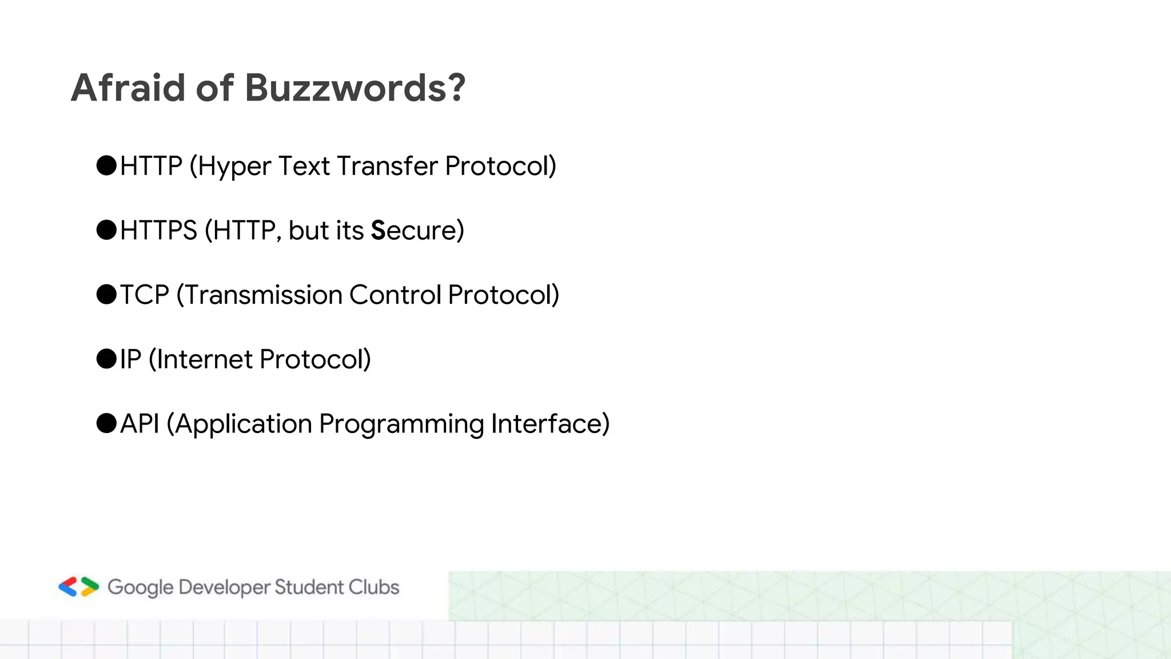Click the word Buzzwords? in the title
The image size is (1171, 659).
click(x=355, y=88)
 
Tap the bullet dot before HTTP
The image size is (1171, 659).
click(x=106, y=165)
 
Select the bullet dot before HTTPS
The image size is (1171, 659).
click(x=106, y=230)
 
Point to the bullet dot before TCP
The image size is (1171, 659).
click(x=106, y=295)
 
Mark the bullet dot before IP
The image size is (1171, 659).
click(x=106, y=359)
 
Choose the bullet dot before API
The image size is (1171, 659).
click(x=106, y=423)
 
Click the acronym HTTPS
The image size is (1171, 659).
click(x=158, y=230)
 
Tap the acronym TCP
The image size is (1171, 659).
click(x=144, y=295)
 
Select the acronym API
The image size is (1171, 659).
click(x=140, y=424)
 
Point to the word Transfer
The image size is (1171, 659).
click(x=387, y=166)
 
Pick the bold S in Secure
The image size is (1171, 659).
click(x=378, y=231)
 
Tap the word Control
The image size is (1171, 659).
click(x=395, y=295)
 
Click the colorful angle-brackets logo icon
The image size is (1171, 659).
click(x=79, y=587)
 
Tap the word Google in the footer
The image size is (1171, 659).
click(x=140, y=588)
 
